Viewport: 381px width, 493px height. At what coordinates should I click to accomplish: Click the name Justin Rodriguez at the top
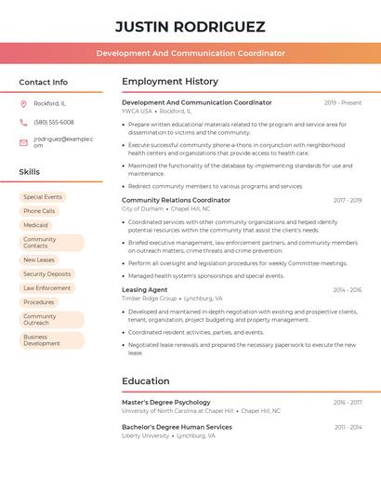(190, 26)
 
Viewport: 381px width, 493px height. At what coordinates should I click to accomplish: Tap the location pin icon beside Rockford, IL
(23, 103)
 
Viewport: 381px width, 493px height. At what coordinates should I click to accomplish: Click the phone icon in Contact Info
(23, 122)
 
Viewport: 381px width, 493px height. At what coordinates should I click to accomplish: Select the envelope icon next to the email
(23, 142)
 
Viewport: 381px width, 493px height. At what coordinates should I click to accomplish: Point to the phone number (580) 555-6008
(54, 122)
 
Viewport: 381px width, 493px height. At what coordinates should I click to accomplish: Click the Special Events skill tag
(43, 197)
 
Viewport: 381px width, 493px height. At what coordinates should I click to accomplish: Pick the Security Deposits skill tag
(46, 274)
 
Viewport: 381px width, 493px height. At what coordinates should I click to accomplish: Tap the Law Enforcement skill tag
(47, 288)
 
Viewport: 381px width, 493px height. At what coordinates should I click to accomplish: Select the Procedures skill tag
(39, 302)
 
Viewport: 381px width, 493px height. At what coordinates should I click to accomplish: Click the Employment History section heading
(170, 82)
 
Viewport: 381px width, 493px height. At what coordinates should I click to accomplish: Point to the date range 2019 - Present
(343, 102)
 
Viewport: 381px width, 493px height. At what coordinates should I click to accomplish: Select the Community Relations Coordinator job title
(176, 200)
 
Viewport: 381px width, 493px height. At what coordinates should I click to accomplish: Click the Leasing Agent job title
(145, 289)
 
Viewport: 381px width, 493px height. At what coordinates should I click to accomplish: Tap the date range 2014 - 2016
(348, 289)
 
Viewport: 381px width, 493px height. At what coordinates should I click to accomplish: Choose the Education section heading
(146, 380)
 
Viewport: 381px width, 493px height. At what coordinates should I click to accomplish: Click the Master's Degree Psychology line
(166, 402)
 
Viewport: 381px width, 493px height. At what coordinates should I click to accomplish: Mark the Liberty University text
(146, 435)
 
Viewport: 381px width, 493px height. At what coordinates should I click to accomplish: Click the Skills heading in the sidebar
(30, 172)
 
